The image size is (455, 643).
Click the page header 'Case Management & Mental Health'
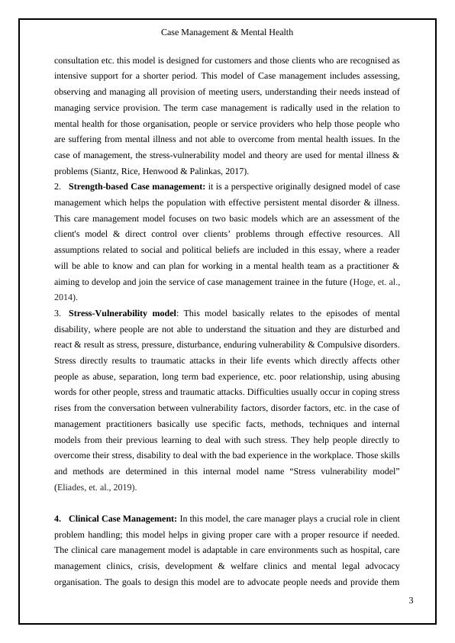(x=227, y=33)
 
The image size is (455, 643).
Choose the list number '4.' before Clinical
(x=58, y=519)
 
